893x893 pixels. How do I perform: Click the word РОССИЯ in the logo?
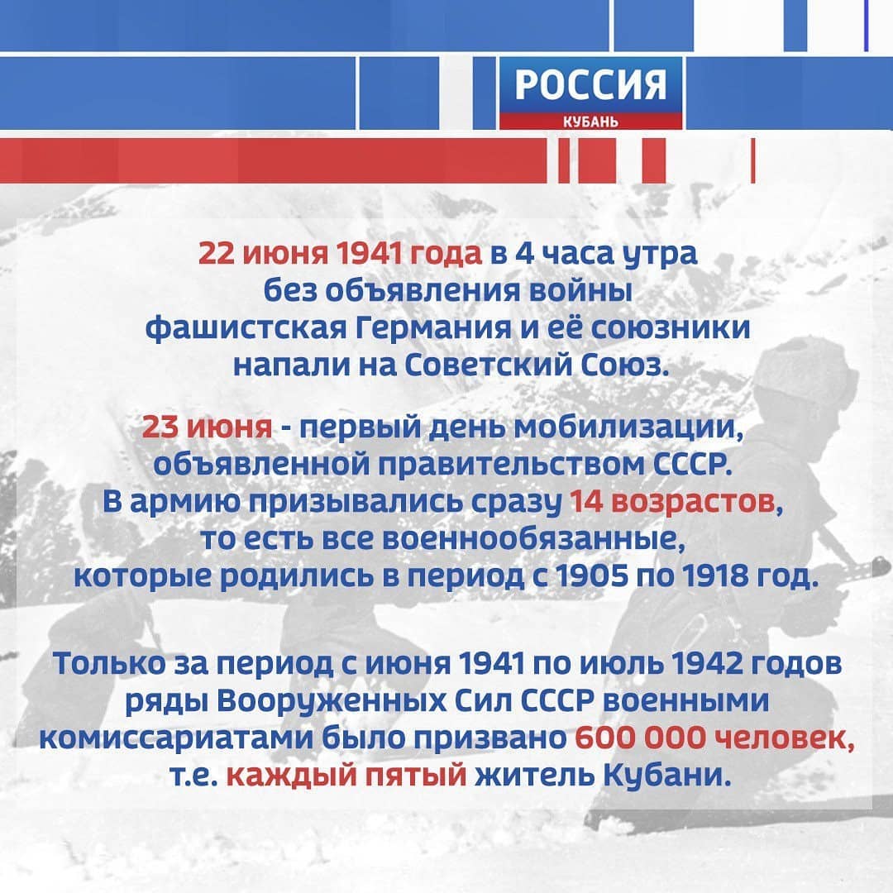tap(590, 85)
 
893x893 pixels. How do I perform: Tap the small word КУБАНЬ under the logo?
tap(590, 122)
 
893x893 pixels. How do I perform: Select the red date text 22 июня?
tap(263, 254)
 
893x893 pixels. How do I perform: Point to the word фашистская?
tap(246, 329)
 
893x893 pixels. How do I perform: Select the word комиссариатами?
tap(176, 739)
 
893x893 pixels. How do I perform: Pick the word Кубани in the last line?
tap(666, 775)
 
